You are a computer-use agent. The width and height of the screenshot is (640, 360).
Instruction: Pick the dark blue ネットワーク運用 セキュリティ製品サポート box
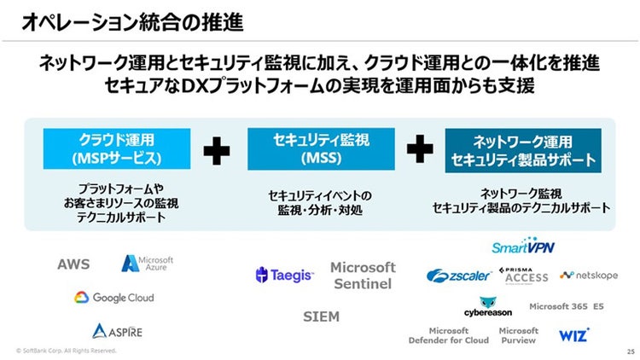(523, 150)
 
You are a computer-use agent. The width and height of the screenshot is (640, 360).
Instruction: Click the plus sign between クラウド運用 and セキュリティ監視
(217, 151)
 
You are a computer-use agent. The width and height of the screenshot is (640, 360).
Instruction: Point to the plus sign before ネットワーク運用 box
(420, 150)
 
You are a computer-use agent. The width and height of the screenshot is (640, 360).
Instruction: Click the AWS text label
(73, 264)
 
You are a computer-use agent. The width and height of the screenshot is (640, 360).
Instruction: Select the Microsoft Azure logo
(148, 263)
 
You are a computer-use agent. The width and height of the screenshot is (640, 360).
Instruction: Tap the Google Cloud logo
(113, 298)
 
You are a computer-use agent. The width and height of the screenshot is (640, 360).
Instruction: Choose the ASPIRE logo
(118, 330)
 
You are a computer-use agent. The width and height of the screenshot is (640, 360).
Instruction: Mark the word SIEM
(321, 316)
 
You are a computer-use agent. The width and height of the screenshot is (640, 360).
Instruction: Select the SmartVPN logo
(523, 247)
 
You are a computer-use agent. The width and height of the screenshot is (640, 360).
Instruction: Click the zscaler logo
(459, 276)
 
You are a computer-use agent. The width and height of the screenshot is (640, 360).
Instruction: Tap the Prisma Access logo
(524, 274)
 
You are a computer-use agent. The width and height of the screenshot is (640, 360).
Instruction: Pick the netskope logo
(589, 276)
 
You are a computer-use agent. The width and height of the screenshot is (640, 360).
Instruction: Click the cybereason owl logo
(489, 307)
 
